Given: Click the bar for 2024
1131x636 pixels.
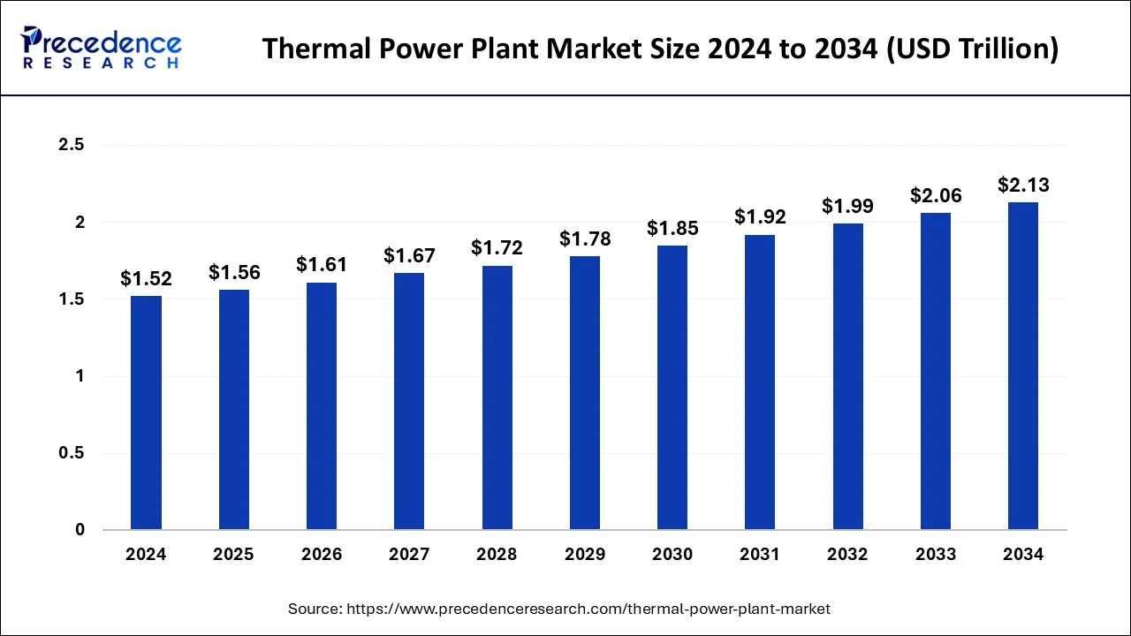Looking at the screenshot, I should pyautogui.click(x=146, y=413).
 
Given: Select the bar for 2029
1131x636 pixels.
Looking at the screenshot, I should pyautogui.click(x=584, y=393).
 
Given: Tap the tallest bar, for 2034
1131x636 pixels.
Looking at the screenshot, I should pyautogui.click(x=1022, y=366).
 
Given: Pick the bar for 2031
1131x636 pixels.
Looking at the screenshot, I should pyautogui.click(x=759, y=382).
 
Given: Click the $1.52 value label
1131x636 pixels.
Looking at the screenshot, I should pyautogui.click(x=146, y=279).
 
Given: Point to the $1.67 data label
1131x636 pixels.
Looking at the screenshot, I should pyautogui.click(x=409, y=256).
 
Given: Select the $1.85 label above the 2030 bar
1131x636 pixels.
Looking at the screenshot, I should pyautogui.click(x=672, y=229).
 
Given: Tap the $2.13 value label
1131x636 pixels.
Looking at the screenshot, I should pyautogui.click(x=1023, y=185).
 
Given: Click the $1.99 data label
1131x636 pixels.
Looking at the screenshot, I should pyautogui.click(x=847, y=207).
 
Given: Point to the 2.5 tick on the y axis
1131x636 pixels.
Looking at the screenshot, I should pyautogui.click(x=70, y=146).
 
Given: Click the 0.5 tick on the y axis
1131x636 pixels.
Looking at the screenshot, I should pyautogui.click(x=70, y=453).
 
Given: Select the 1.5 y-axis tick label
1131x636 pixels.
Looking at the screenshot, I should pyautogui.click(x=70, y=299).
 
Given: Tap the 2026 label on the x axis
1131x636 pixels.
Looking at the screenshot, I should pyautogui.click(x=322, y=555).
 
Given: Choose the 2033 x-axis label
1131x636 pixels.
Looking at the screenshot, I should pyautogui.click(x=936, y=555).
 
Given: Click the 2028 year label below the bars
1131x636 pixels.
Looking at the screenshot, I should pyautogui.click(x=497, y=555).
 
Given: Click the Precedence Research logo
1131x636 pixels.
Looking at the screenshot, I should pyautogui.click(x=101, y=47).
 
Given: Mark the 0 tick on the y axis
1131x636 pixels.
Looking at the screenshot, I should pyautogui.click(x=80, y=530).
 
